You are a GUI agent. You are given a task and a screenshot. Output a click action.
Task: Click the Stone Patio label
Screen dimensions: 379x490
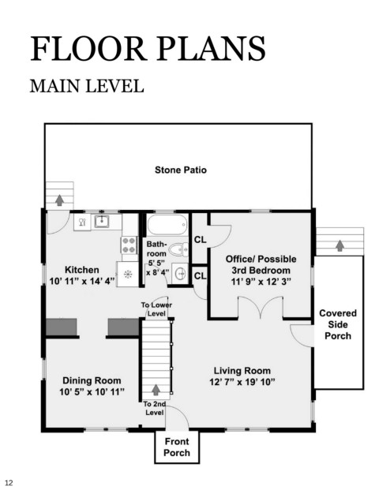[181, 170]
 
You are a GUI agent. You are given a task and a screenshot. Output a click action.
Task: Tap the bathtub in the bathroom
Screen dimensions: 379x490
[167, 224]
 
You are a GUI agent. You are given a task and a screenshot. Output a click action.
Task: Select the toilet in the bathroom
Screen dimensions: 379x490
[178, 249]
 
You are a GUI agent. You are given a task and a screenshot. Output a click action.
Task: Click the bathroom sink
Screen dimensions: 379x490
[181, 274]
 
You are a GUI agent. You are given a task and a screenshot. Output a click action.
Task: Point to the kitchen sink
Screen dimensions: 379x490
[102, 222]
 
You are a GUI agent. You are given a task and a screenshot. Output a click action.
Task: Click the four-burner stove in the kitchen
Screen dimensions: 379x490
[129, 245]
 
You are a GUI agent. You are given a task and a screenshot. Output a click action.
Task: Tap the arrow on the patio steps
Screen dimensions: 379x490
[59, 200]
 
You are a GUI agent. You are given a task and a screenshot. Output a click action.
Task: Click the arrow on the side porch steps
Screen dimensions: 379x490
[340, 245]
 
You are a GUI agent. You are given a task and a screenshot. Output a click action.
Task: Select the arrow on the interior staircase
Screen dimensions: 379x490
[156, 390]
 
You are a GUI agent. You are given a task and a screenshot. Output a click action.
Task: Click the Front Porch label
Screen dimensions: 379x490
[177, 447]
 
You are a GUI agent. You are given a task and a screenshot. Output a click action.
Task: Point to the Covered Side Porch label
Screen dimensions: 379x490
[338, 324]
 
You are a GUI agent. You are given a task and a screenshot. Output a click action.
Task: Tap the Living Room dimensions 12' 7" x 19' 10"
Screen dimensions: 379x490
[242, 382]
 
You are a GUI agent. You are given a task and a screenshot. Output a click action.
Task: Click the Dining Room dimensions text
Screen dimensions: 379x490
[92, 392]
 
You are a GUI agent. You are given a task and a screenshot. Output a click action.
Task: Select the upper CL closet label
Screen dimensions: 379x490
[200, 240]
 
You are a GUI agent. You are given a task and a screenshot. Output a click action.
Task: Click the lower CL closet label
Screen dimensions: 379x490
[200, 276]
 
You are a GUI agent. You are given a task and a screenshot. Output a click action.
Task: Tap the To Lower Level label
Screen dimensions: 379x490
[156, 309]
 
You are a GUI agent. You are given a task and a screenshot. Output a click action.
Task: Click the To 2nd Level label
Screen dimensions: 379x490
[155, 408]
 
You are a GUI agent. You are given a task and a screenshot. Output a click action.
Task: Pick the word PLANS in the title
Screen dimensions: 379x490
[211, 48]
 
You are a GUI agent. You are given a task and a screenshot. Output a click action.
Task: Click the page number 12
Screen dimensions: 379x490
[9, 482]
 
